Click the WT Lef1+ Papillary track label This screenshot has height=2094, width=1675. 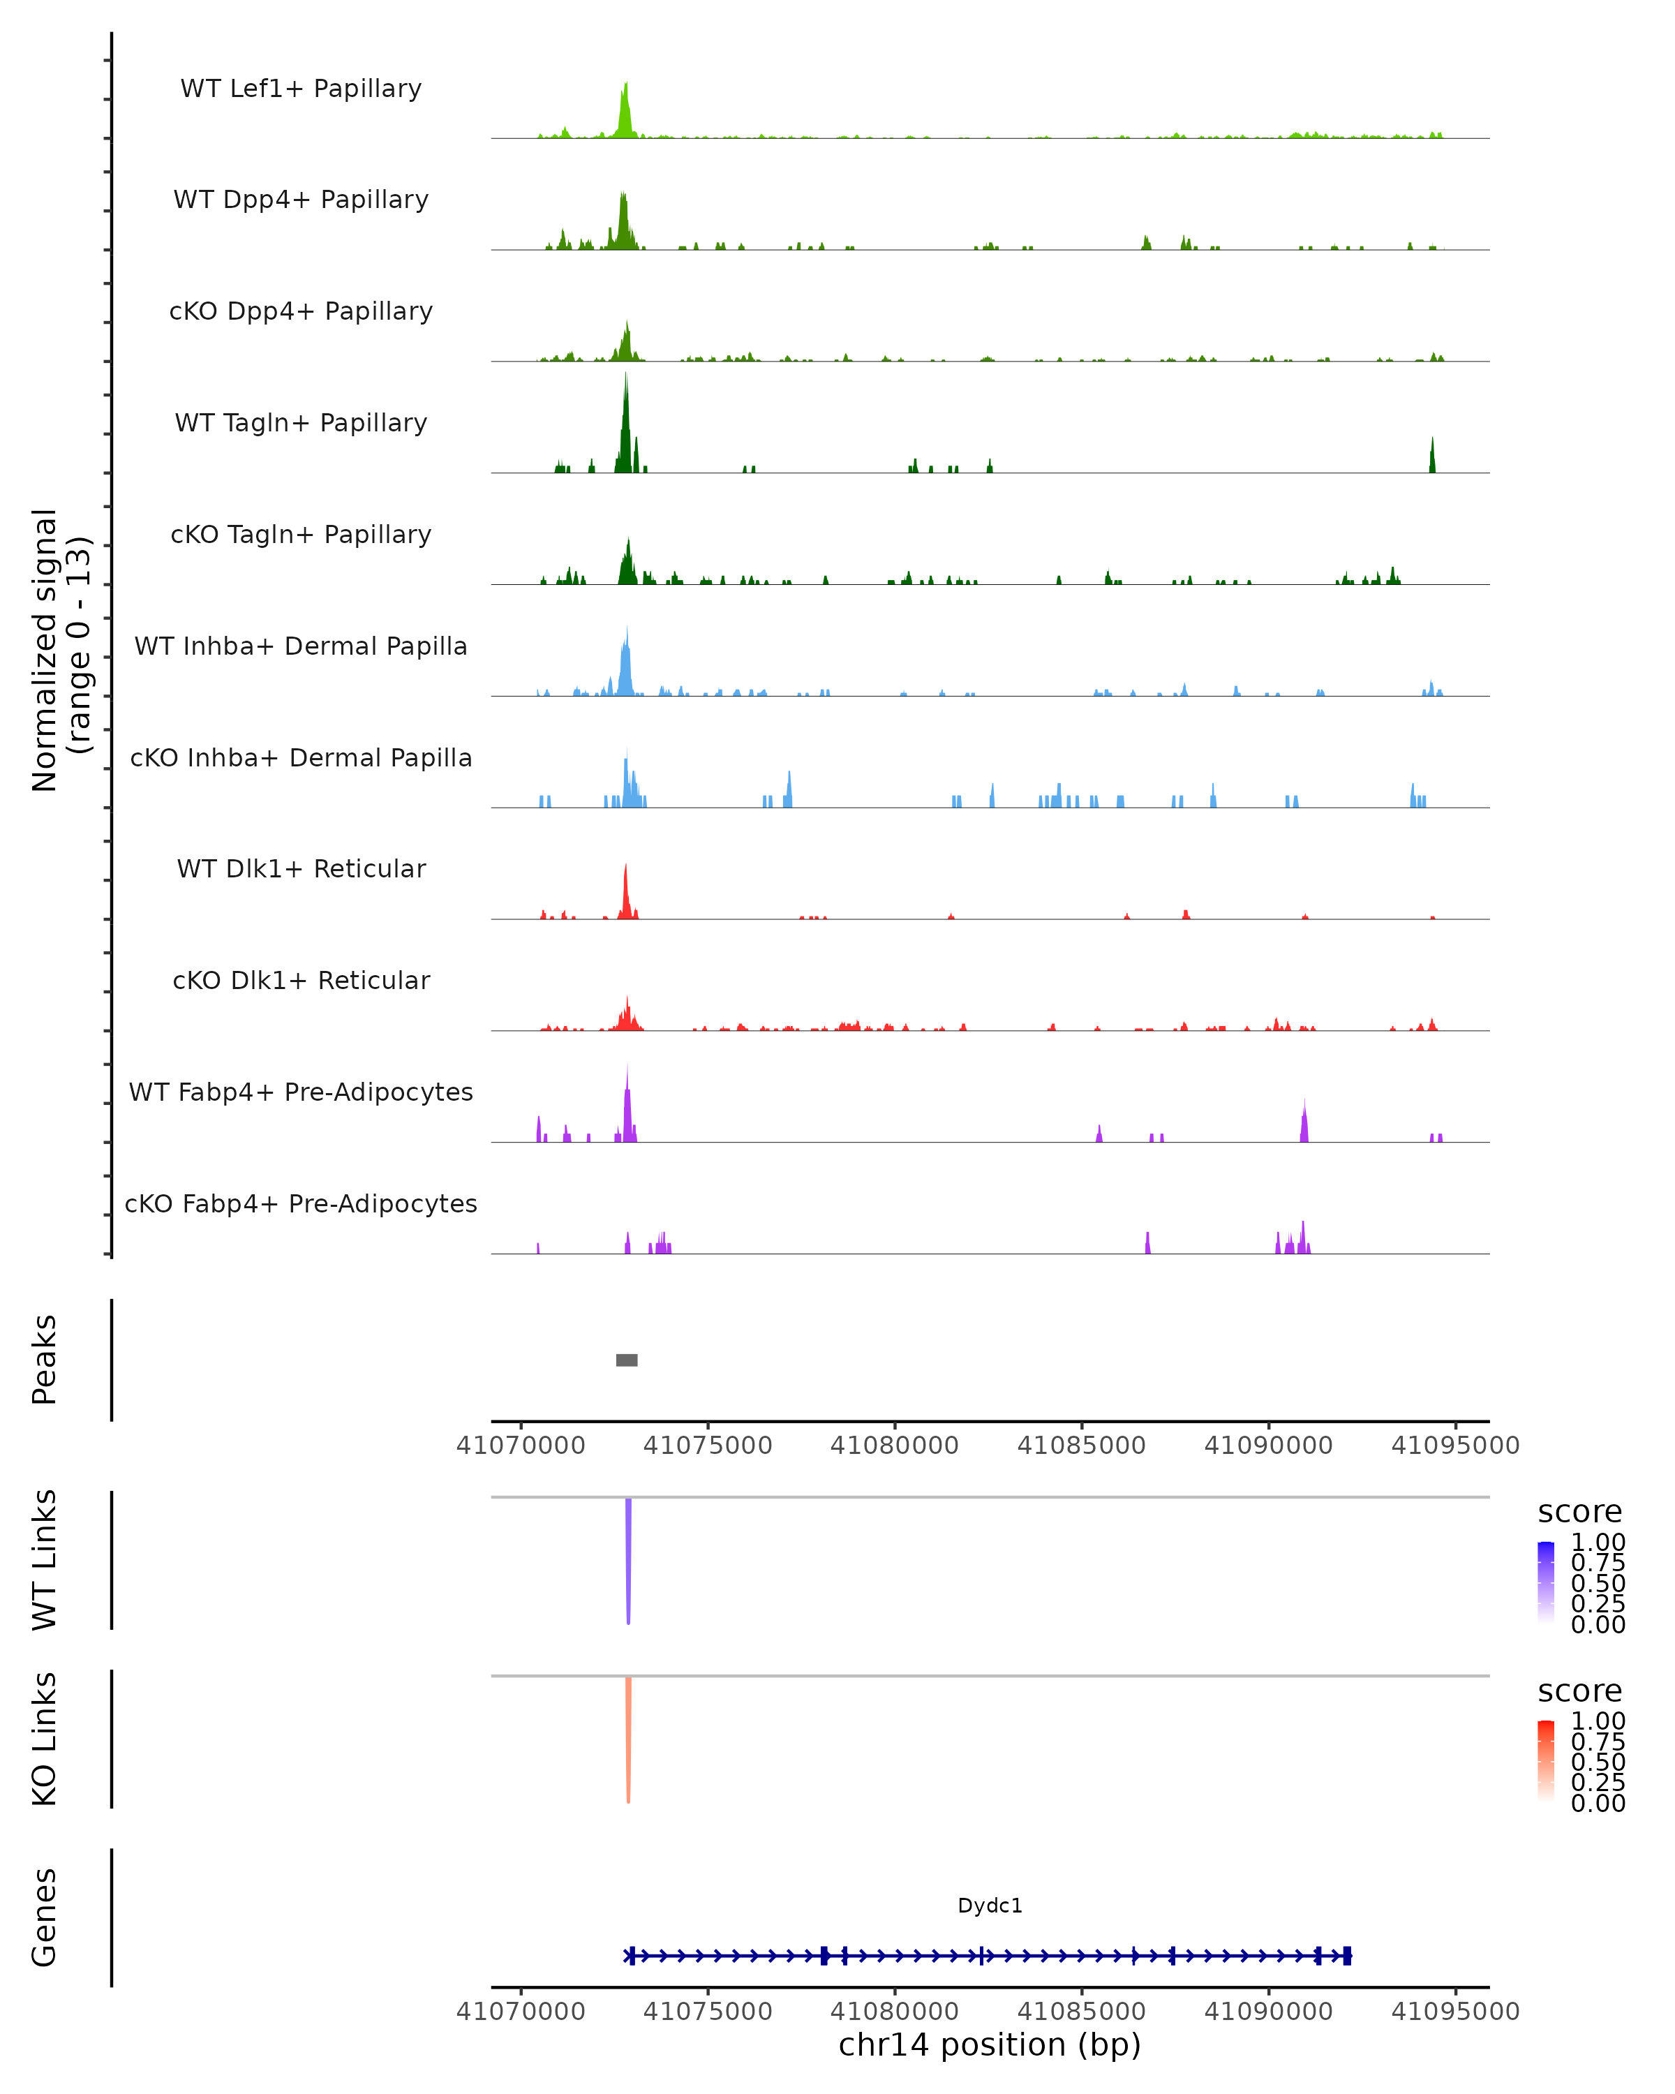pos(301,89)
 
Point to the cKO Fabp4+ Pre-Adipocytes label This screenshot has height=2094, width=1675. pos(301,1203)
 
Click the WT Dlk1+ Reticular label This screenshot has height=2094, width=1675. pos(301,868)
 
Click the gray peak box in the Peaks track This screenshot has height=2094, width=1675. pos(626,1360)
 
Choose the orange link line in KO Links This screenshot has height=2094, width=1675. pos(628,1739)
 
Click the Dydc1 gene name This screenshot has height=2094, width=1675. pos(990,1906)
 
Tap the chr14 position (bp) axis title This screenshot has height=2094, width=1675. pos(990,2045)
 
